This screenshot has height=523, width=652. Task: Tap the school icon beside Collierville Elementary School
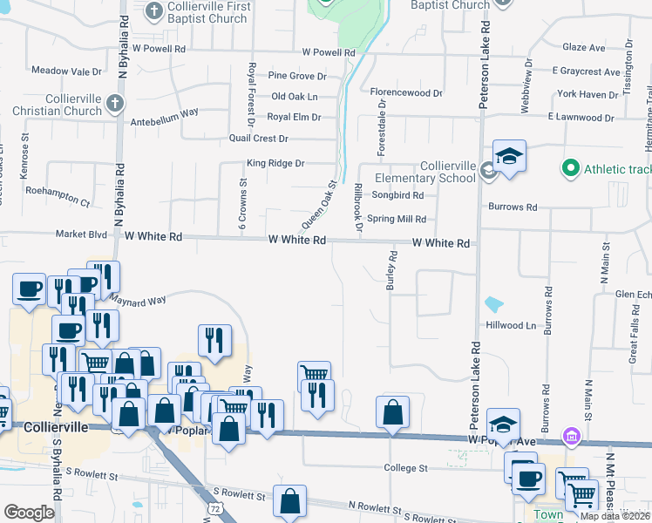pos(509,157)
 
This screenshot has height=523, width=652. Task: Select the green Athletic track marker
pos(571,166)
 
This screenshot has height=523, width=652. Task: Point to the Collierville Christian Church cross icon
pos(113,105)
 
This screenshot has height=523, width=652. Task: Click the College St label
pos(406,468)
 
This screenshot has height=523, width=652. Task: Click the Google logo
pos(29,513)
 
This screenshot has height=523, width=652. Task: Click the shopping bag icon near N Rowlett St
pos(289,501)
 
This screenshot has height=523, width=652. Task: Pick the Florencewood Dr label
pos(406,92)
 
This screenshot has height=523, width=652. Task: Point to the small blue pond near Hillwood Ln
pos(493,304)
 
